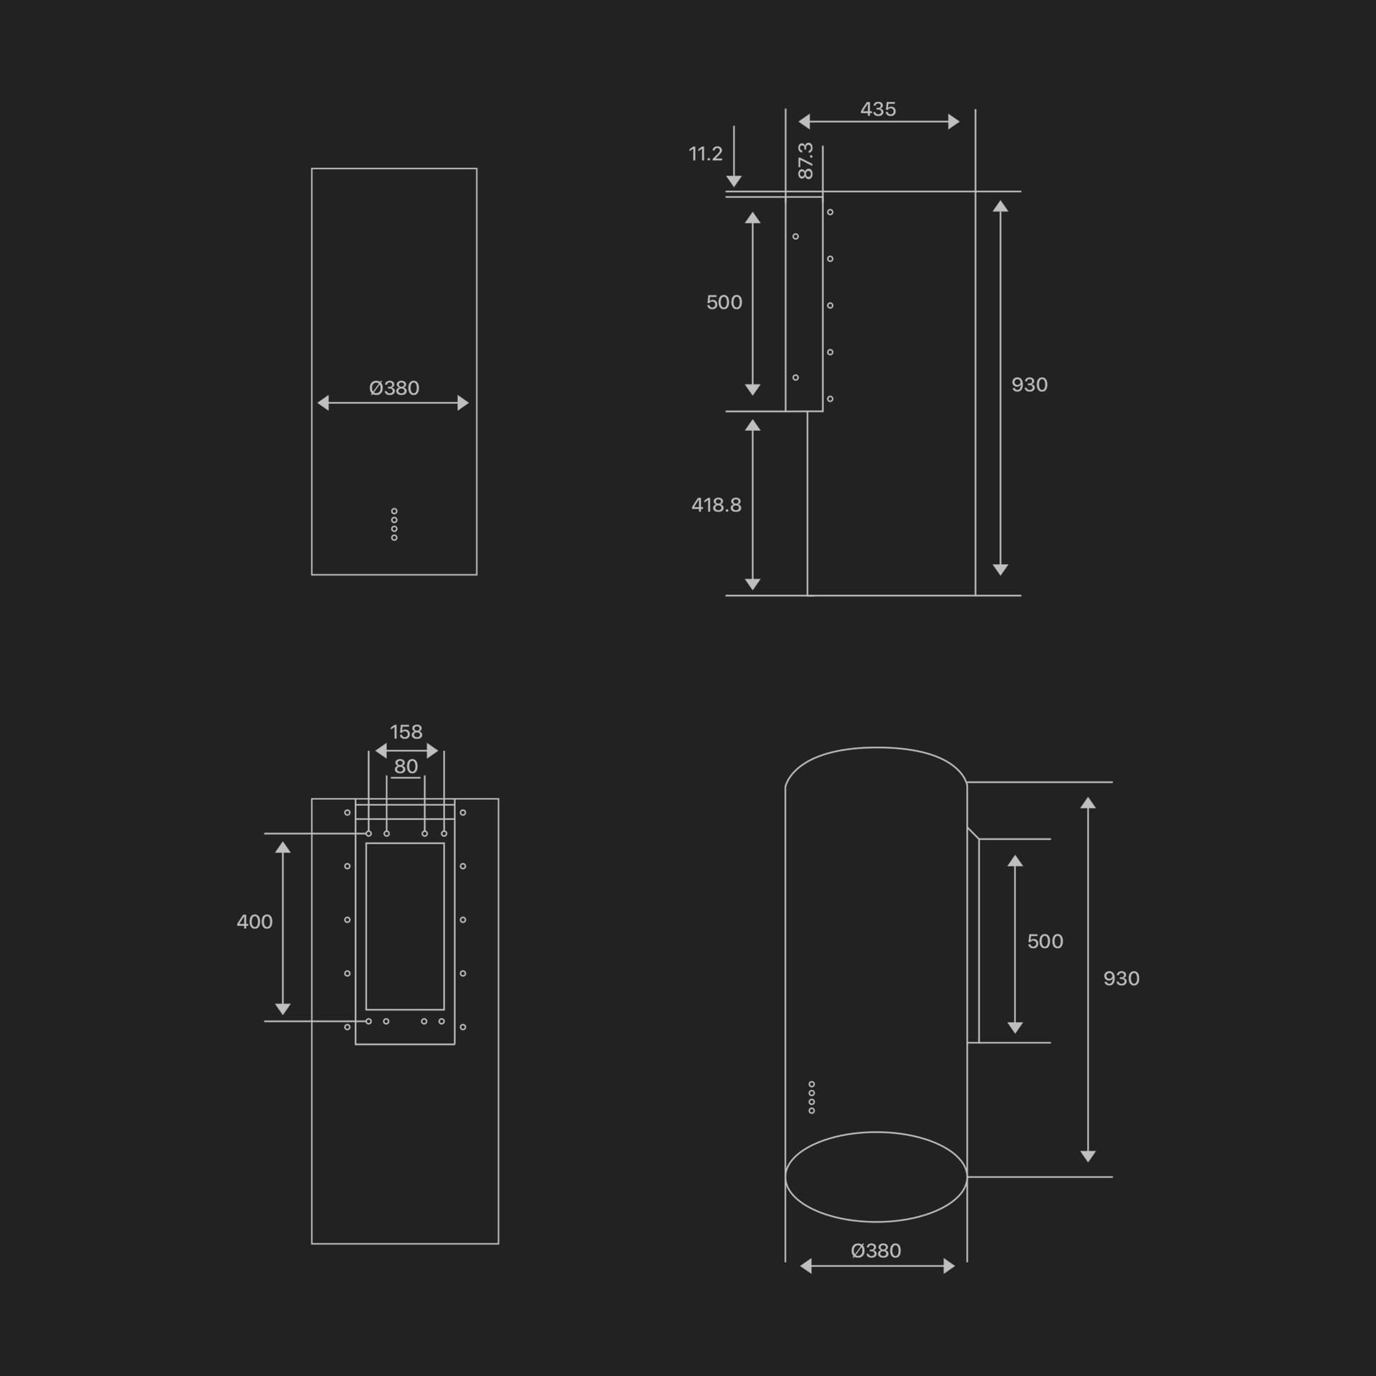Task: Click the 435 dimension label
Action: point(878,109)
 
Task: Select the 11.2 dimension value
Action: point(705,154)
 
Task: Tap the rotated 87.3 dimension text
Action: point(806,161)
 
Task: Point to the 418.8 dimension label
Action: point(716,505)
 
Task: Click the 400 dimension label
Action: point(254,922)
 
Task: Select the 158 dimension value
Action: point(406,732)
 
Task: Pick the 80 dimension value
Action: point(406,766)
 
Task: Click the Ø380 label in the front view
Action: point(394,388)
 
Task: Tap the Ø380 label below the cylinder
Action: point(876,1251)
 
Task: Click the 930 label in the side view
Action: point(1029,385)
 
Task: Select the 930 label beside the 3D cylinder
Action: point(1121,978)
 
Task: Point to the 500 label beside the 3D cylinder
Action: point(1045,941)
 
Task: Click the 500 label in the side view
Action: point(724,302)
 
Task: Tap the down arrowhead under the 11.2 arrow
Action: point(734,181)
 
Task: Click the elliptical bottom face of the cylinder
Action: point(876,1176)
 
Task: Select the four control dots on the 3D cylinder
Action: point(811,1097)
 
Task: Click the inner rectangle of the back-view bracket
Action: point(405,926)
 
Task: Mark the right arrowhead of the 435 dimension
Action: point(954,122)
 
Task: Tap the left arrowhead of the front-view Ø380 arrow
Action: point(323,403)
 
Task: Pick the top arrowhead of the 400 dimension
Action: point(283,848)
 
